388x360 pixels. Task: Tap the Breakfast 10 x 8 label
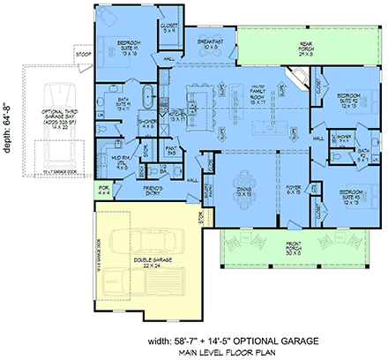pos(210,43)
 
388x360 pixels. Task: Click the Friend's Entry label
pos(157,189)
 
